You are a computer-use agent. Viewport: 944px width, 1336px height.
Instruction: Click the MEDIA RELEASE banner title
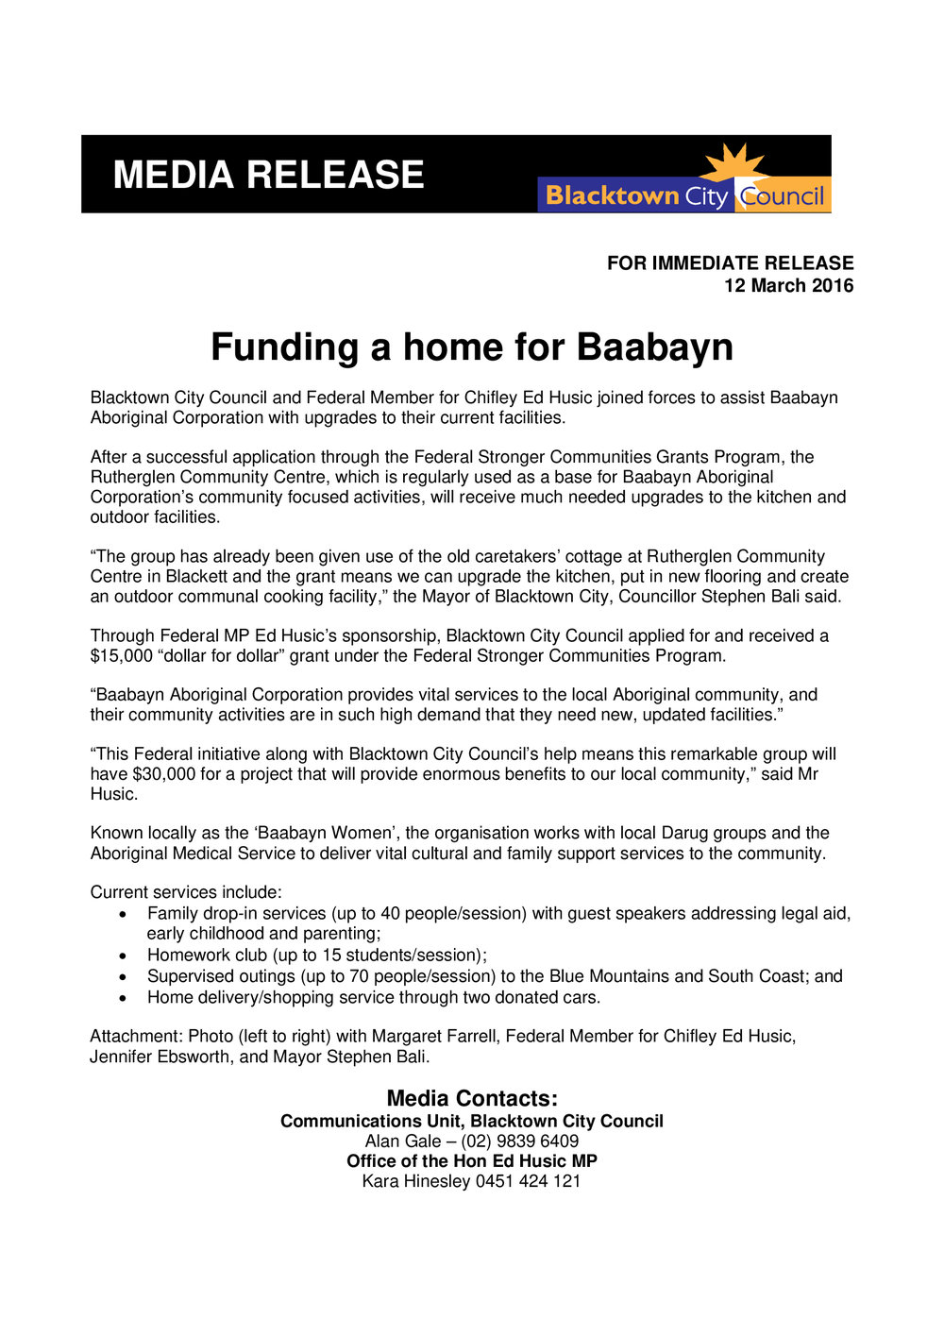pos(268,176)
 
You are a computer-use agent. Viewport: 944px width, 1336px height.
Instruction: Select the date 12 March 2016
pos(788,286)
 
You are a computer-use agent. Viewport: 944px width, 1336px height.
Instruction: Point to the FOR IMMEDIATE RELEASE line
pos(730,263)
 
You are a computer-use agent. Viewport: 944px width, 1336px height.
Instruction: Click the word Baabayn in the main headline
pos(654,347)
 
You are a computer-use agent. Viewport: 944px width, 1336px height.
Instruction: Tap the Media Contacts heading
pos(472,1099)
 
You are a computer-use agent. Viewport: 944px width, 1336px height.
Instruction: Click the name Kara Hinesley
pos(415,1181)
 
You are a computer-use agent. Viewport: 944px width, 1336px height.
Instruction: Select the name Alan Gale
pos(403,1142)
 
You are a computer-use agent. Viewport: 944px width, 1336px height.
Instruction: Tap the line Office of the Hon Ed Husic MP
pos(472,1161)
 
